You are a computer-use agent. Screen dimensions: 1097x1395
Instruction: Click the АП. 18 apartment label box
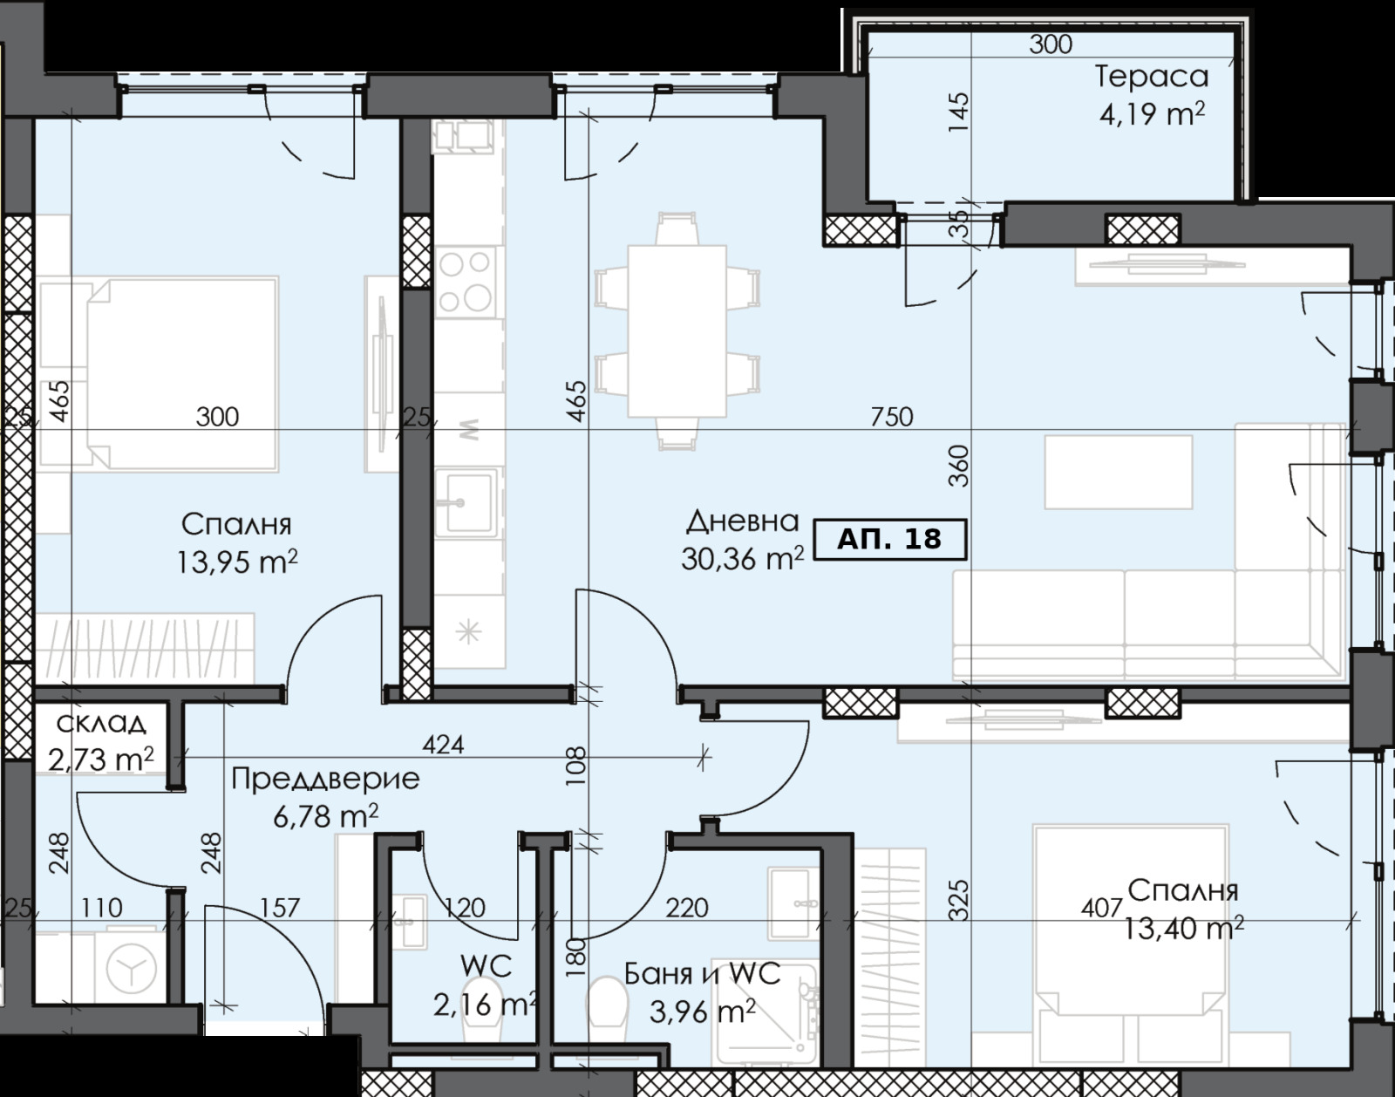coord(889,539)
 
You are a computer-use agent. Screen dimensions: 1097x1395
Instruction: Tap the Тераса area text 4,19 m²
coord(1152,114)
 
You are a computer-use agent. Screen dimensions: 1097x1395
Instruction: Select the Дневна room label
coord(742,521)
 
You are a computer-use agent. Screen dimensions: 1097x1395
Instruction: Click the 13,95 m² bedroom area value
coord(237,562)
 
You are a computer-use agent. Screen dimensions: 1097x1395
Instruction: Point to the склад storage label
coord(101,723)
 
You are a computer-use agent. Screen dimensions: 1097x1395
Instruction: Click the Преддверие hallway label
coord(325,778)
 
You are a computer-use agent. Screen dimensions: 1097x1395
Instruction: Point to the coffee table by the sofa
coord(1119,472)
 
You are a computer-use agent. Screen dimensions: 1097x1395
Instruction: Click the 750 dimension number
coord(892,417)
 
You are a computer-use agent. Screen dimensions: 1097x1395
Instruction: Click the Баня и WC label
coord(703,974)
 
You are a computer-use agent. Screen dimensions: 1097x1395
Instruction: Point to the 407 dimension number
coord(1101,908)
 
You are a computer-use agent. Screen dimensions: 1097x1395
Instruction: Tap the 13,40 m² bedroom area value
coord(1183,928)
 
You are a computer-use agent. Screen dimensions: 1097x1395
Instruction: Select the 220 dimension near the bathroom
coord(687,908)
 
